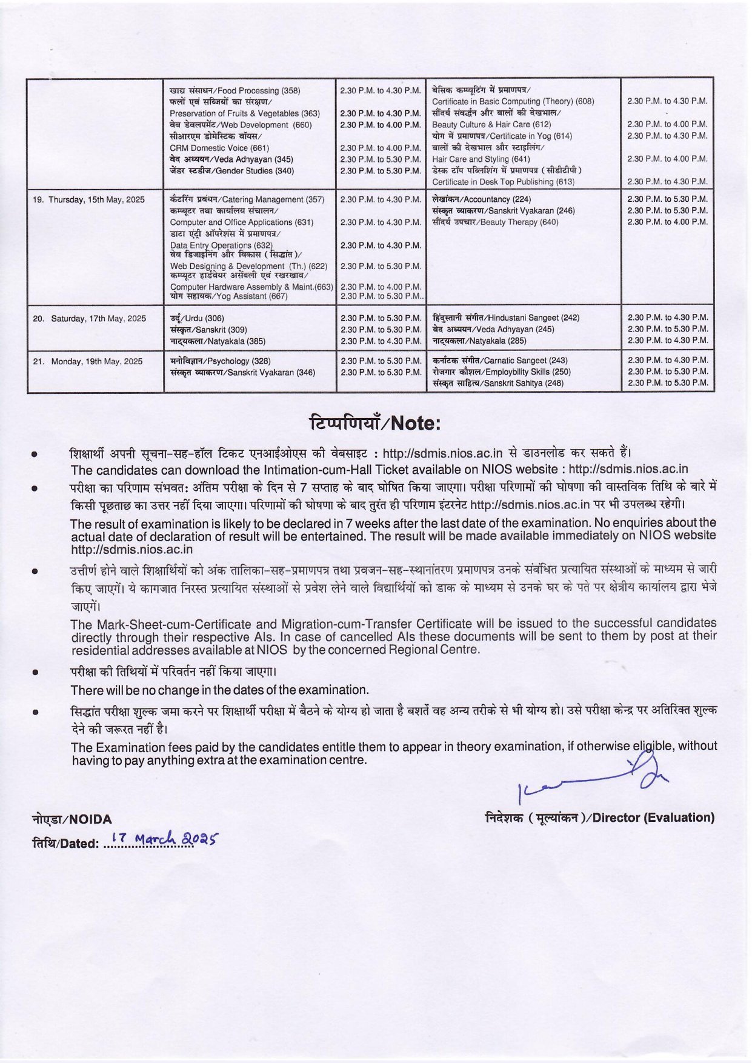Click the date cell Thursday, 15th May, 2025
tap(88, 199)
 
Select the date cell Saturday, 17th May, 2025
tap(90, 318)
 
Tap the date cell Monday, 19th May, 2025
tap(88, 361)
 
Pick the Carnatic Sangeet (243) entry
tap(501, 360)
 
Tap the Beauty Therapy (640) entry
tap(495, 222)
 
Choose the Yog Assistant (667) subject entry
tap(229, 296)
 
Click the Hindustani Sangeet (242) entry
tap(506, 318)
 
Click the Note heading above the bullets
tap(375, 422)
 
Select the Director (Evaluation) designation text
tap(600, 818)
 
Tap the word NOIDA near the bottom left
tap(72, 819)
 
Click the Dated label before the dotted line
tap(65, 843)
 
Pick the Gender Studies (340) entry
tap(232, 171)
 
